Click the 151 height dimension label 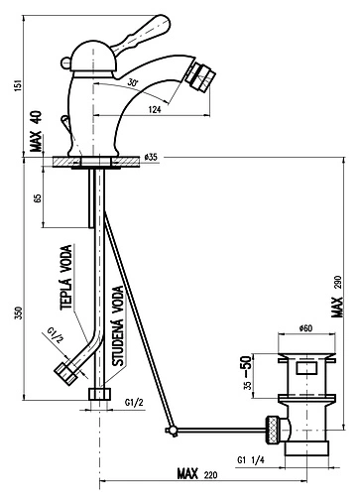point(19,85)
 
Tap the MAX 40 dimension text point(36,131)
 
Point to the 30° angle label point(132,82)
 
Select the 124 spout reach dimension point(155,109)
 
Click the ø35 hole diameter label point(151,157)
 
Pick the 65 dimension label point(38,198)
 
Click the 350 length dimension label point(20,313)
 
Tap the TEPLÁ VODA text point(66,277)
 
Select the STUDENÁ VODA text point(118,325)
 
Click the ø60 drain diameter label point(305,328)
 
